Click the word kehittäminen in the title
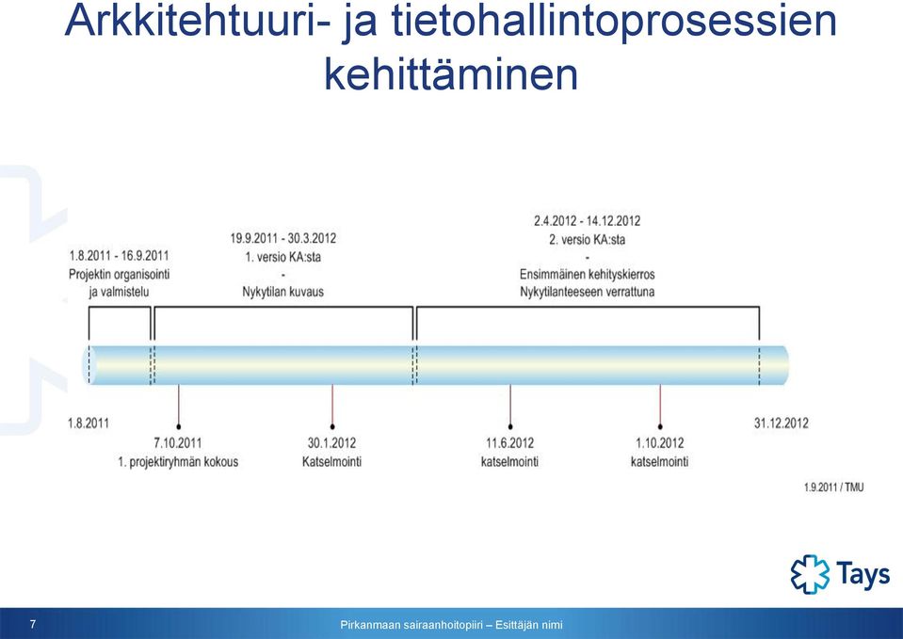[x=451, y=74]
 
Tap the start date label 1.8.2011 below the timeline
[x=89, y=423]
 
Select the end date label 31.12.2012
[x=781, y=423]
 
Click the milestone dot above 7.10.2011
[x=179, y=426]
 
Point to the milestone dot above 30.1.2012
[x=332, y=426]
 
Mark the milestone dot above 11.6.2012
[x=510, y=426]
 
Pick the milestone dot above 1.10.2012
[x=660, y=426]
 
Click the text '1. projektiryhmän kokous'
[x=178, y=462]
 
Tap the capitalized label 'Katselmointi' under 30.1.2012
[x=331, y=462]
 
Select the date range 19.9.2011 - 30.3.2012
[x=282, y=238]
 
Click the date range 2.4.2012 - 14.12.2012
[x=587, y=221]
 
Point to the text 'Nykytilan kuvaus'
[x=282, y=292]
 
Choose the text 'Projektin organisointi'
[x=120, y=274]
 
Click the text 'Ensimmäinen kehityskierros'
[x=587, y=274]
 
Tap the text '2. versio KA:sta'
[x=587, y=239]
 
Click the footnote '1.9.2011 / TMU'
[x=833, y=487]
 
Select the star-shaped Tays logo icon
[x=811, y=574]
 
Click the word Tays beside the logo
[x=863, y=574]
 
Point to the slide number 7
[x=33, y=624]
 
